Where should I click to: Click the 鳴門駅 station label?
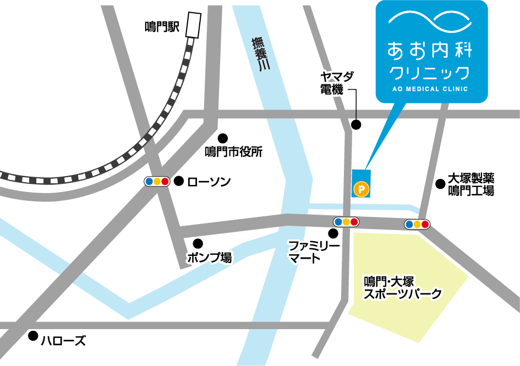coord(162,27)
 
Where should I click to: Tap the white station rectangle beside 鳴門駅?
coord(193,25)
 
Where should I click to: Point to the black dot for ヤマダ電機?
coord(357,124)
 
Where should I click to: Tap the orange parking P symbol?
coord(361,189)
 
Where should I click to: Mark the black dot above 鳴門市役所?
coord(223,138)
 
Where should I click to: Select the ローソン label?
coord(209,181)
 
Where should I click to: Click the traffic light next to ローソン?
coord(157,181)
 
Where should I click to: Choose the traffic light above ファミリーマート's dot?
coord(346,222)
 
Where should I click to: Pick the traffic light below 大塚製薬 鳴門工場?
coord(417,224)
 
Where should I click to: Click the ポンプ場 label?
coord(209,257)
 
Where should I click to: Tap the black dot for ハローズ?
coord(34,335)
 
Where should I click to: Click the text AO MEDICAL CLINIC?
coord(431,89)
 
